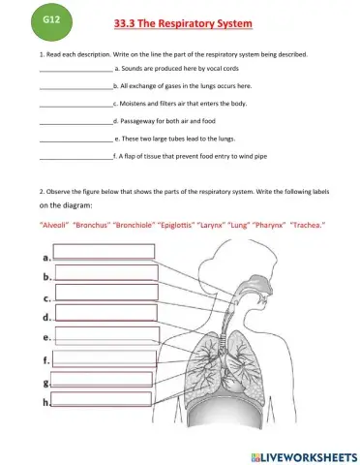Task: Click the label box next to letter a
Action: pos(104,252)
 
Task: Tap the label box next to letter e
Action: pos(105,337)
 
